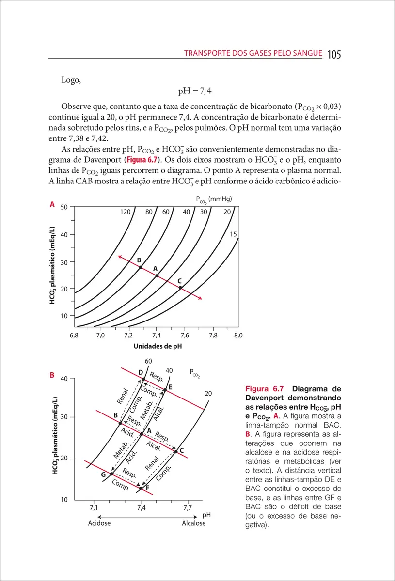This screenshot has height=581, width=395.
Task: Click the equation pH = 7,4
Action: click(194, 91)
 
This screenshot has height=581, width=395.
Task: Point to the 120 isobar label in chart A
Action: click(126, 212)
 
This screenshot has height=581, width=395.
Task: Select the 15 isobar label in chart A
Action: click(233, 234)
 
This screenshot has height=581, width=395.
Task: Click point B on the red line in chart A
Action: click(141, 267)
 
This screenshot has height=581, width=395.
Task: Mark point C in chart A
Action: click(180, 288)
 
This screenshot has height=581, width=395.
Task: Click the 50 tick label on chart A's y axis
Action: click(63, 207)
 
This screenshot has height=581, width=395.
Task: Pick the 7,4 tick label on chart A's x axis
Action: click(156, 335)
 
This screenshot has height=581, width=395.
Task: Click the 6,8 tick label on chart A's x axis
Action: click(74, 335)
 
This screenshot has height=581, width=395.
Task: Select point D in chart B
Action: click(143, 379)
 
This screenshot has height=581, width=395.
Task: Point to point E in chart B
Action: click(165, 389)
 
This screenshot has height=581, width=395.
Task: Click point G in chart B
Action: click(111, 474)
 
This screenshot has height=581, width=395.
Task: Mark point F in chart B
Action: click(141, 489)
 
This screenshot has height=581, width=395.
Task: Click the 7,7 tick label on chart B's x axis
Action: click(188, 507)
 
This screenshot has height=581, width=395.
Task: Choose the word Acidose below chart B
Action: click(99, 523)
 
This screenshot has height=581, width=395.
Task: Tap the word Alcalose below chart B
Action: click(194, 523)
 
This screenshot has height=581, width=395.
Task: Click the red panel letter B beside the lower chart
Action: click(52, 374)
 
